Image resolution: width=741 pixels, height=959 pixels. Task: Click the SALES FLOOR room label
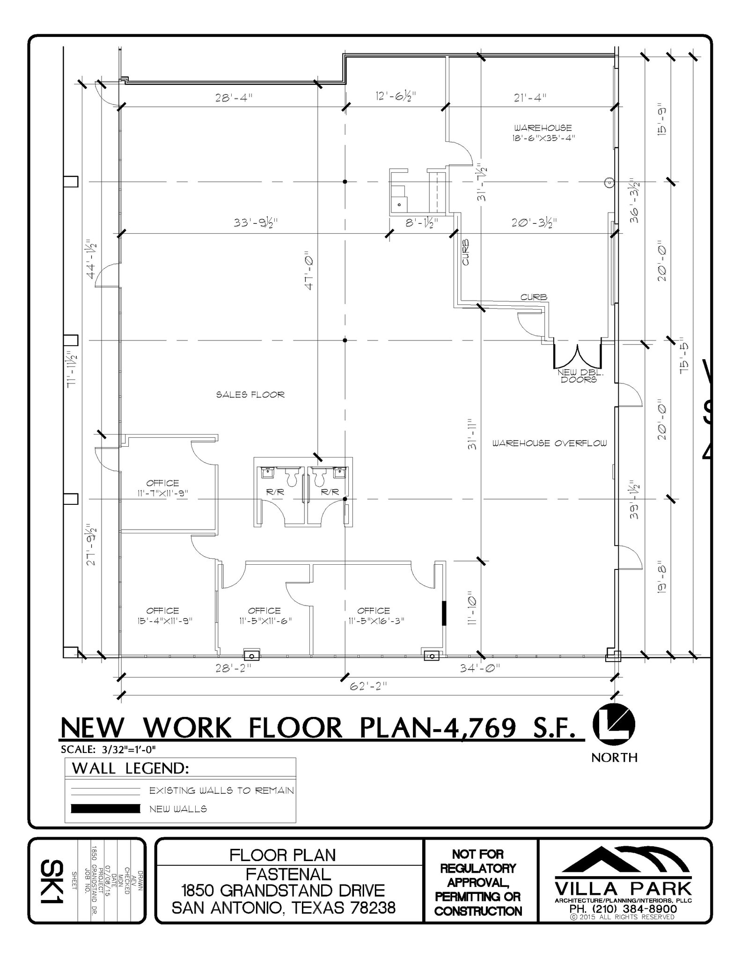pos(250,395)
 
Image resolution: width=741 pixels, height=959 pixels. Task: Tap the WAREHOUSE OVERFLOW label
pos(549,443)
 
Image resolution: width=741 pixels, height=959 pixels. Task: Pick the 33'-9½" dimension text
pos(256,223)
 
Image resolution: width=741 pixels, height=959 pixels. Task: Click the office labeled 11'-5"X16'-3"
pos(374,616)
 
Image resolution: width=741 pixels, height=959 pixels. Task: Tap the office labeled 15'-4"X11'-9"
pos(162,616)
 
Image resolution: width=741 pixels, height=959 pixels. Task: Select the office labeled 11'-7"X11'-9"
pos(162,488)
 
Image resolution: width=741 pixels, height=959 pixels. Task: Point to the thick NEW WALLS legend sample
pos(105,809)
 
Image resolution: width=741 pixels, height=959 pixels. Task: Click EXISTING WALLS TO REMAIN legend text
pos(221,790)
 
